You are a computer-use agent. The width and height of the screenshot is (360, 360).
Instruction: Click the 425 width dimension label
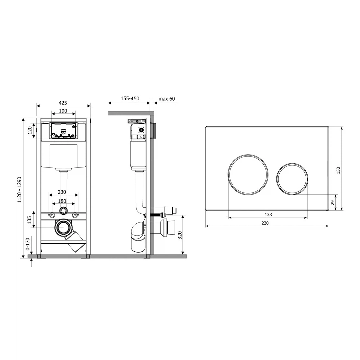coord(63,103)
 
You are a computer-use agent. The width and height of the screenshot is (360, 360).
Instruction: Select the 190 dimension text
coord(63,111)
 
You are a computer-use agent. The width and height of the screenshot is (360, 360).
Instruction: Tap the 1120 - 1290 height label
coord(20,190)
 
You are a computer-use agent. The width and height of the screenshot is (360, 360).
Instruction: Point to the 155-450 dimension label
coord(130,98)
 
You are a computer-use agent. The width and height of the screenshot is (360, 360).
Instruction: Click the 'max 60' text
coord(167,99)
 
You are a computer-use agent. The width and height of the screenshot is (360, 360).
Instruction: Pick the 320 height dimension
coord(180,235)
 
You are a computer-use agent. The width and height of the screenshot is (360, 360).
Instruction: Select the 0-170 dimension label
coord(28,244)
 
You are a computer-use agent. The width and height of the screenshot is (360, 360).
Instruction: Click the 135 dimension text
coord(29,220)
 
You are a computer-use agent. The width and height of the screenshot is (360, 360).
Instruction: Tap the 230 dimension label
coord(62,192)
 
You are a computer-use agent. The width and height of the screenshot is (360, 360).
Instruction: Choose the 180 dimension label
coord(62,201)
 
